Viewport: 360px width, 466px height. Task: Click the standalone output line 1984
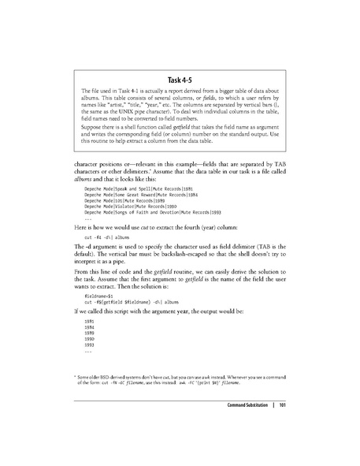(91, 329)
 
